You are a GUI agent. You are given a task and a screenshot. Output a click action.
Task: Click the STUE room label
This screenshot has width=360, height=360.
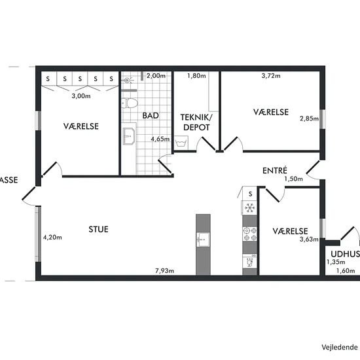98,229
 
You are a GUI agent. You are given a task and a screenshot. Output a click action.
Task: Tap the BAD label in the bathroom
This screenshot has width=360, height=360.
151,115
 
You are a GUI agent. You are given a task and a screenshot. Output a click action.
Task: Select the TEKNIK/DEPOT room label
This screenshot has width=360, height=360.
196,122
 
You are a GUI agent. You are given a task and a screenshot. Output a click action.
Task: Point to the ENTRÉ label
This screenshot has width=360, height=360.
275,170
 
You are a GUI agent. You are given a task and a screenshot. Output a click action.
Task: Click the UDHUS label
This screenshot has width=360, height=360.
346,254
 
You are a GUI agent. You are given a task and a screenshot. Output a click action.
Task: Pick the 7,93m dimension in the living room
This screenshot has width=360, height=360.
164,271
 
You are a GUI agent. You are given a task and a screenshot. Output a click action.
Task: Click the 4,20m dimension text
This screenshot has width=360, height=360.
52,238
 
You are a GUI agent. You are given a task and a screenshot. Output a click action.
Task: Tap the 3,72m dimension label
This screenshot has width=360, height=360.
271,75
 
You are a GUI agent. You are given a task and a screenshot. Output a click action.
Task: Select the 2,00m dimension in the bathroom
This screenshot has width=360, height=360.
156,75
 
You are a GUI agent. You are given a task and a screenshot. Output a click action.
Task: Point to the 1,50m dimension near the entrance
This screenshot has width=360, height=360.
294,179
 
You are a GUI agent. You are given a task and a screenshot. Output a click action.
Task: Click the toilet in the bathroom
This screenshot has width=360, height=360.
130,103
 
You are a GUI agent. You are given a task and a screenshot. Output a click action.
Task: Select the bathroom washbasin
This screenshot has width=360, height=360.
129,136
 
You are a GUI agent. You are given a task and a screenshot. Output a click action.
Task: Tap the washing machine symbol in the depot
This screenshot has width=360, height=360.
181,143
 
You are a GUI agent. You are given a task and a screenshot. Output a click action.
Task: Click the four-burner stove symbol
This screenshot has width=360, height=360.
250,234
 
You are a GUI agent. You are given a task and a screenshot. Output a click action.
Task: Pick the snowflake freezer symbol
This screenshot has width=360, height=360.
249,207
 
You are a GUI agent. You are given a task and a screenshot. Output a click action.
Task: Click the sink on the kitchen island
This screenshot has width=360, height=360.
203,240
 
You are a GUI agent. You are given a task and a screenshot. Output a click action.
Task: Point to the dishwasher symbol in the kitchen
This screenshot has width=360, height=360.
250,261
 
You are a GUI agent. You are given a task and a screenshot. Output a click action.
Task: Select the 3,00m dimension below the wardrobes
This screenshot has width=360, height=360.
81,96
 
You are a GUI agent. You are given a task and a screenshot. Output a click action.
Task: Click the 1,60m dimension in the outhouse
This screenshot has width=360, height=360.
346,271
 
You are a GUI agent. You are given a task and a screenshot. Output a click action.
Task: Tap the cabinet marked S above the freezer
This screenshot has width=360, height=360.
250,194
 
